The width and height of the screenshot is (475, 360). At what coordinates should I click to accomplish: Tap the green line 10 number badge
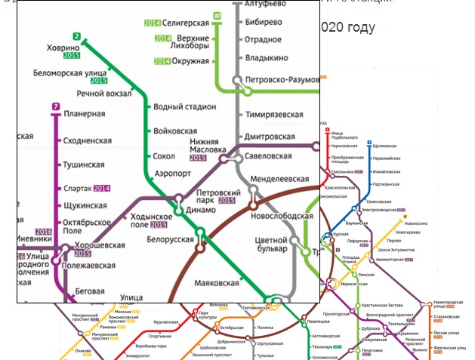tap(217, 15)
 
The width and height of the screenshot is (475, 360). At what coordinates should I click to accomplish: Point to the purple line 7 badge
tap(56, 106)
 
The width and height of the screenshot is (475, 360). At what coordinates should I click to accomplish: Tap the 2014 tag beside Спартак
tap(101, 188)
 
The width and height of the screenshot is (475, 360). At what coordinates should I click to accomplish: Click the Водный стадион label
tap(184, 107)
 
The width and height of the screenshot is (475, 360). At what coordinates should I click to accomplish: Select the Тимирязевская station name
tap(275, 115)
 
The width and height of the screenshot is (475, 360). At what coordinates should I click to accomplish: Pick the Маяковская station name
tap(217, 283)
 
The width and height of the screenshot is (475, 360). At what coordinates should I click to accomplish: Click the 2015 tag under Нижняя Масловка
tap(198, 158)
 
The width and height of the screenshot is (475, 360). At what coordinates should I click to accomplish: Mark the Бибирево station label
tap(264, 22)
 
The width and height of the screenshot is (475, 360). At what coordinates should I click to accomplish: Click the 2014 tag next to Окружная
tap(162, 62)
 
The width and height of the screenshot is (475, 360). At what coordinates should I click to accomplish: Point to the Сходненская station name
tap(88, 140)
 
